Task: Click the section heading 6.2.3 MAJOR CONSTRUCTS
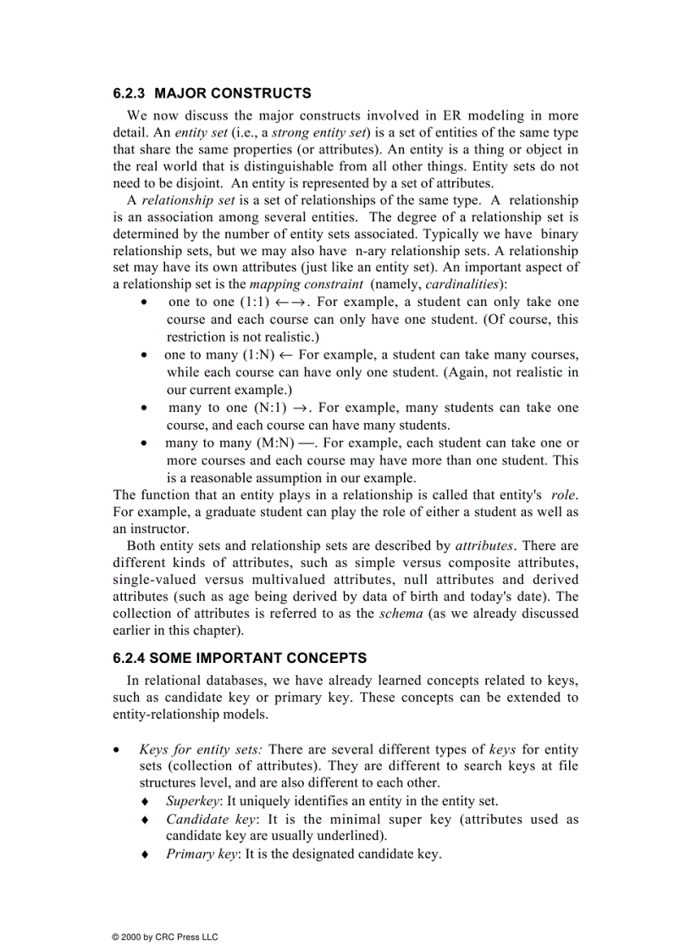212,93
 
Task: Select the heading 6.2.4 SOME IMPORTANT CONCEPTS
240,658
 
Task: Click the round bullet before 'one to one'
146,303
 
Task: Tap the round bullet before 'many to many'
146,443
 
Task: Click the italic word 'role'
564,495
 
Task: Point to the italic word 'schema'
401,614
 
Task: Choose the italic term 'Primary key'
202,855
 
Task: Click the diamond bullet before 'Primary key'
145,855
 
